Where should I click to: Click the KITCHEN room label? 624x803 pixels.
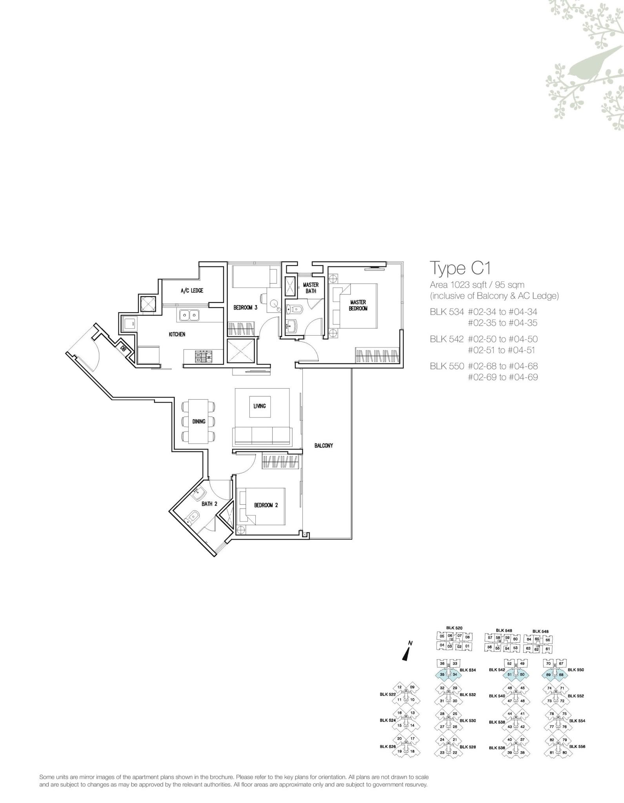177,334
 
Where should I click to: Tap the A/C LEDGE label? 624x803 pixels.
192,291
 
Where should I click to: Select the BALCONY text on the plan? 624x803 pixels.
324,445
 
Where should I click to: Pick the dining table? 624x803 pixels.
199,421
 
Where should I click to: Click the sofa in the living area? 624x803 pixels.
262,437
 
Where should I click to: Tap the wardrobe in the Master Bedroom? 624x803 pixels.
377,356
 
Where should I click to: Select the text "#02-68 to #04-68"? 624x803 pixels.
503,366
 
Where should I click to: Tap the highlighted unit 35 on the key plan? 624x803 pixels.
442,674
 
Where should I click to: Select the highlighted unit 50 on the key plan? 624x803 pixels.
522,674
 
